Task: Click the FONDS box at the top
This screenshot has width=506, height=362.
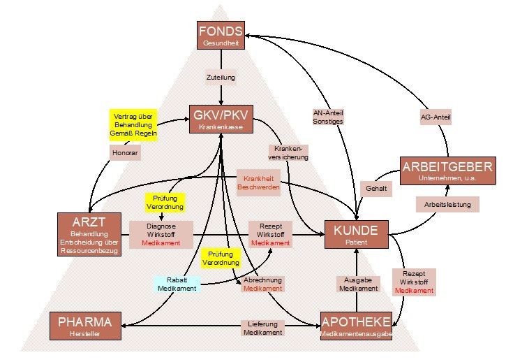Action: click(x=221, y=36)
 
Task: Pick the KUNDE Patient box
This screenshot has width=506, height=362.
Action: click(x=356, y=234)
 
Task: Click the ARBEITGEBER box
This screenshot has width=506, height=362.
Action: click(x=447, y=171)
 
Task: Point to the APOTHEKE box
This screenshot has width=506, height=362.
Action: click(x=356, y=326)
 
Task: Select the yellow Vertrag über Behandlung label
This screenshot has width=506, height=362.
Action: click(x=133, y=125)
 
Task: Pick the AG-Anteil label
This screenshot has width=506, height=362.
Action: click(x=435, y=117)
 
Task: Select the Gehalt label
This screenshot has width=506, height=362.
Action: click(x=375, y=189)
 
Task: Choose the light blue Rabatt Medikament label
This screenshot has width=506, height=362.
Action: click(x=178, y=284)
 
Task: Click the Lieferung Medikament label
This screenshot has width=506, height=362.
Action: click(x=262, y=328)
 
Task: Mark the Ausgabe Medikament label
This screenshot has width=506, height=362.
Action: click(x=359, y=283)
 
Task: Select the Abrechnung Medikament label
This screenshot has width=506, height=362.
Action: click(x=262, y=284)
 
